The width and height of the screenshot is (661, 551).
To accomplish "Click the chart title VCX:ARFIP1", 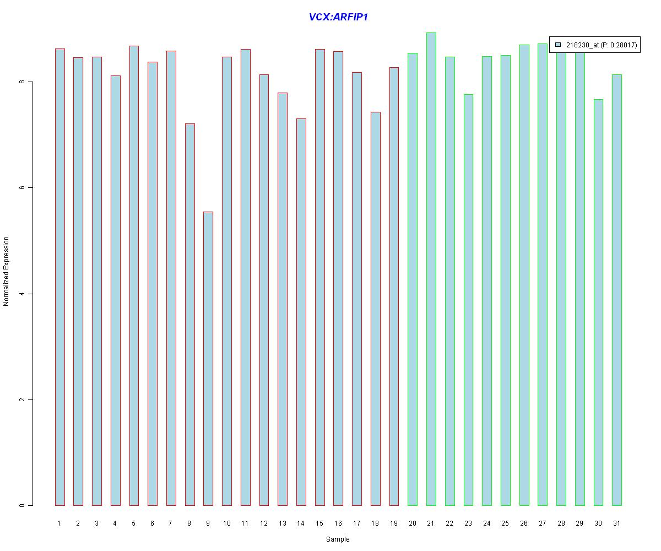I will [338, 17].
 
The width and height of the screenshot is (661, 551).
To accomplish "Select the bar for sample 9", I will [208, 358].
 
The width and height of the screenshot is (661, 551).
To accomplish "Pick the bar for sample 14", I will [301, 312].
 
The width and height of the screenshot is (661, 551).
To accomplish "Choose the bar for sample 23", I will [468, 300].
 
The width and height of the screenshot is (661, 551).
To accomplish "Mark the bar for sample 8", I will [189, 314].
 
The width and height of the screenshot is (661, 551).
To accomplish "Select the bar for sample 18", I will [376, 309].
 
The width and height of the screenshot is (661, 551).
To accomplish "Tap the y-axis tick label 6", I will [22, 188].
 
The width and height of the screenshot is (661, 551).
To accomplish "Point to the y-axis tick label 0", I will [22, 505].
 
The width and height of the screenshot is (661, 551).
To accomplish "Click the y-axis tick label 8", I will [22, 82].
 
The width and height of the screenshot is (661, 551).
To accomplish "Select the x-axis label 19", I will [394, 523].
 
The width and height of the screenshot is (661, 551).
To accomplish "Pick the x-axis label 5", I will [134, 523].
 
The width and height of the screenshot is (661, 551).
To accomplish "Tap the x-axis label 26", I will [524, 523].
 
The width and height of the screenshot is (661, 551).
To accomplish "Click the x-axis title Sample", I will [338, 539].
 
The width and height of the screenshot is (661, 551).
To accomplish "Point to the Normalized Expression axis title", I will [7, 271].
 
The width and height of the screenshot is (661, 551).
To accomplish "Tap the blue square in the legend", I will [558, 45].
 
